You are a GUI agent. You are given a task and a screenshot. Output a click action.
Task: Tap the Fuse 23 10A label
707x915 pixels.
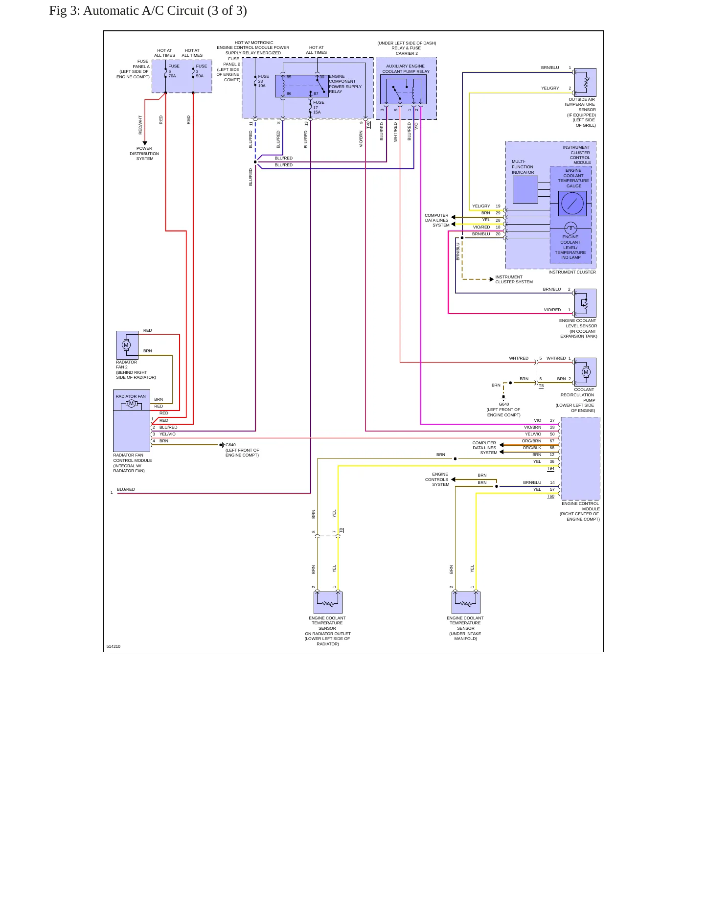coord(263,81)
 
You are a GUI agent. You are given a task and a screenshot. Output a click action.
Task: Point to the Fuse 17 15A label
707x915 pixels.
coord(319,107)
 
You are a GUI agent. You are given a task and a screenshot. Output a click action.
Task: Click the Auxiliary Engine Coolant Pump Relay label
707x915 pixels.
coord(406,69)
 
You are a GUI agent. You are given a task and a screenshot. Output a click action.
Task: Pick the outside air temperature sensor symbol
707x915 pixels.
coord(585,82)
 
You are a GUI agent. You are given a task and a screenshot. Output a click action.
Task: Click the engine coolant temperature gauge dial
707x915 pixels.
coord(572,203)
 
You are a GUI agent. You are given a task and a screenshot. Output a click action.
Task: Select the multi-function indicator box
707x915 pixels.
coord(525,189)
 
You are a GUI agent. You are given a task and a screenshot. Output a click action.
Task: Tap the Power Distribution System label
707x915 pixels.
coord(144,154)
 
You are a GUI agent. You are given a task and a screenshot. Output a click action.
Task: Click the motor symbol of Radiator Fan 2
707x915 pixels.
coord(126,345)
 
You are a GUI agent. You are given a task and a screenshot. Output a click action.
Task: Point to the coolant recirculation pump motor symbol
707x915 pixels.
coord(586,372)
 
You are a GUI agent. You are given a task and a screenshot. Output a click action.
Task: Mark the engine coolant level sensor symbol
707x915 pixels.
coord(585,303)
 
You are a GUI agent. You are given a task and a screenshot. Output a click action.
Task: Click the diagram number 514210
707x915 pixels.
coord(113,646)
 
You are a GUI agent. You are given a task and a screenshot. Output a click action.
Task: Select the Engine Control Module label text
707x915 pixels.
coord(580,511)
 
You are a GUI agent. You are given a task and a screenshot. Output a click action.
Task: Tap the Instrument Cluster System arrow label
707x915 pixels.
coord(514,279)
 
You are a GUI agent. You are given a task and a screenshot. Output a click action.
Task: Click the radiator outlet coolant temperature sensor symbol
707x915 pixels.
coord(328,603)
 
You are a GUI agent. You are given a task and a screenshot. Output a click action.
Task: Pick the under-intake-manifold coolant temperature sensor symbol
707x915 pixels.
coord(466,603)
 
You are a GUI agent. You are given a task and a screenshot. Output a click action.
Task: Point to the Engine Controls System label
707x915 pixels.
coord(436,480)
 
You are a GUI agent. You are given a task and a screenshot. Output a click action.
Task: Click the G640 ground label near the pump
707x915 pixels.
coord(503,410)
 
